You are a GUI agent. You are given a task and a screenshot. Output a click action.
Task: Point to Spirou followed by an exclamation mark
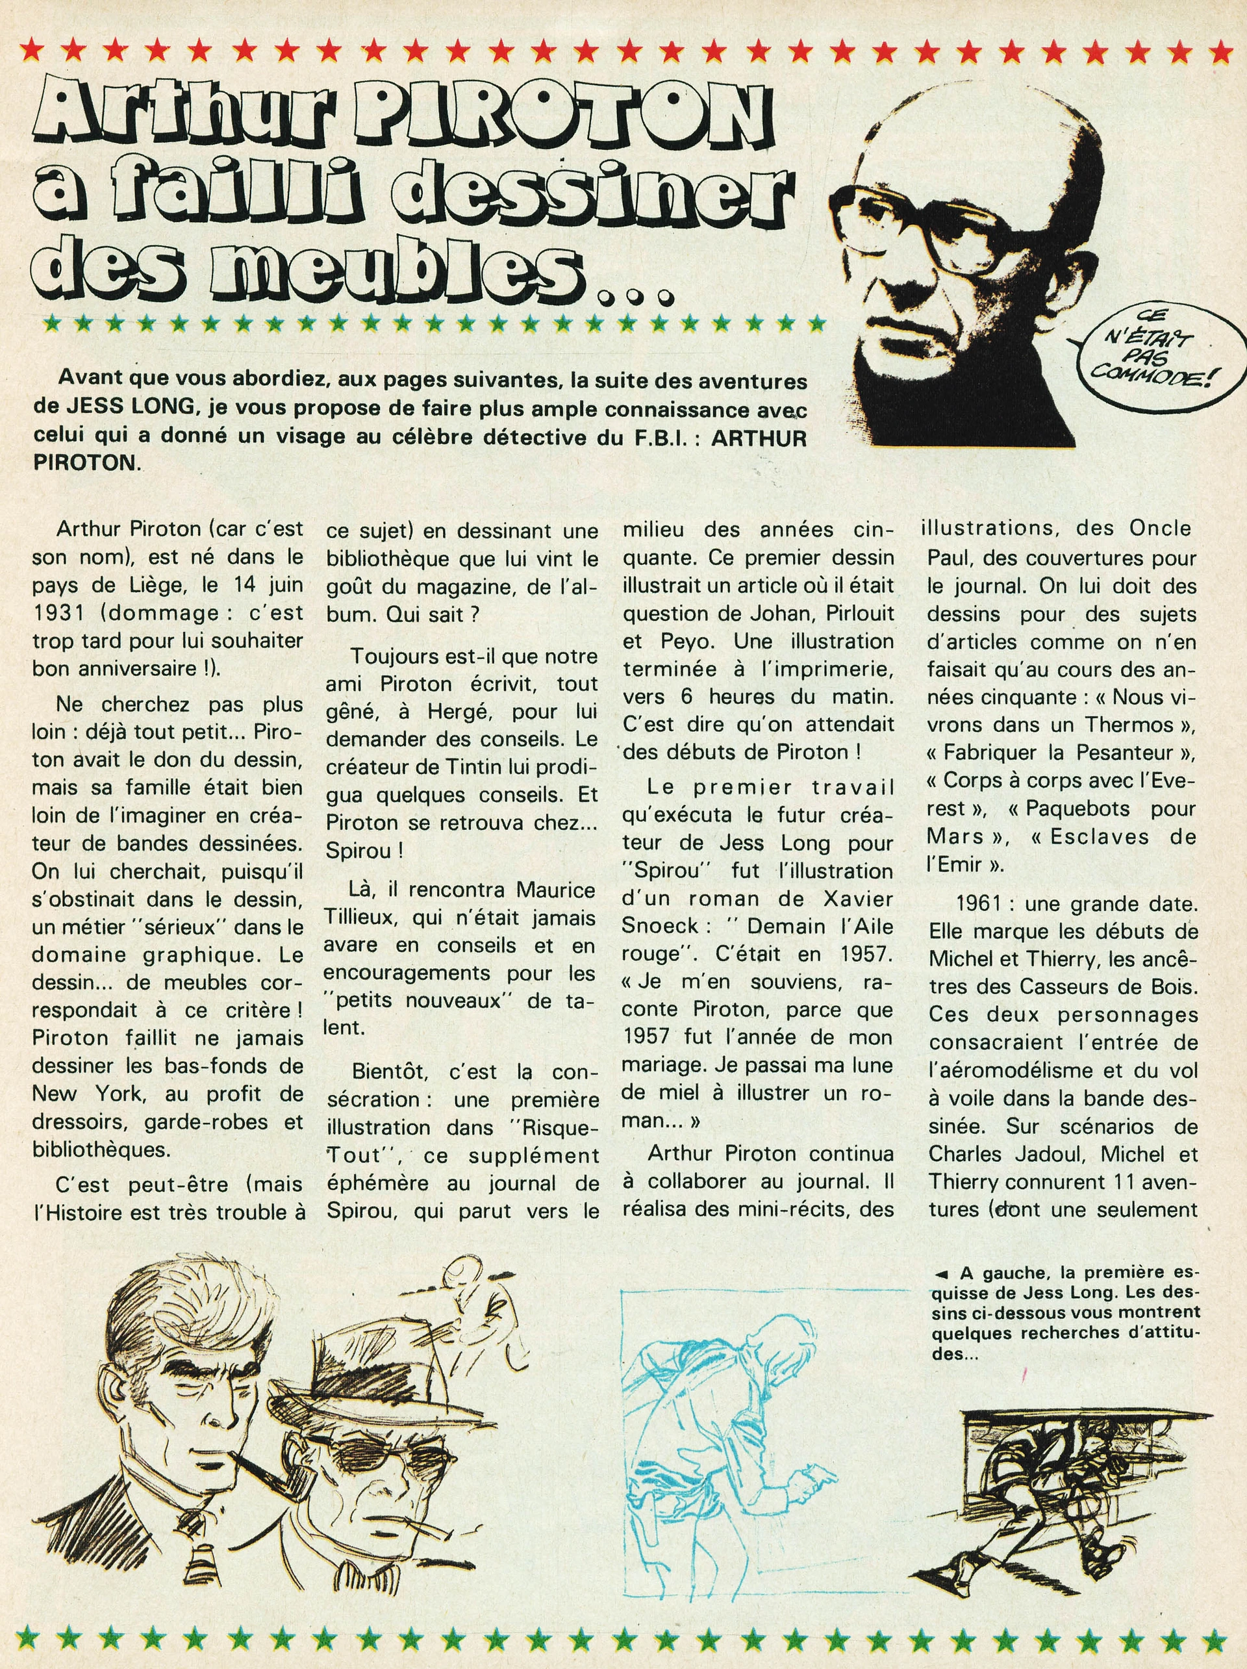[x=364, y=850]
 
